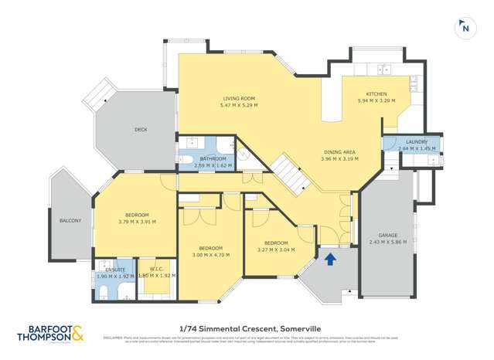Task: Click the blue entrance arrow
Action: [x=331, y=259]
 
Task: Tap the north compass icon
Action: [x=465, y=28]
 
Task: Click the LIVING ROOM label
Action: [x=239, y=99]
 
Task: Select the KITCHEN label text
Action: [x=376, y=93]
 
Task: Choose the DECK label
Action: [x=141, y=130]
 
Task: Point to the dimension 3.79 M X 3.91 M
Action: [x=138, y=222]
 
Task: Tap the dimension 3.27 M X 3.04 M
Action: [x=276, y=249]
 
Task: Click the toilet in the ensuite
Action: [x=104, y=290]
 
